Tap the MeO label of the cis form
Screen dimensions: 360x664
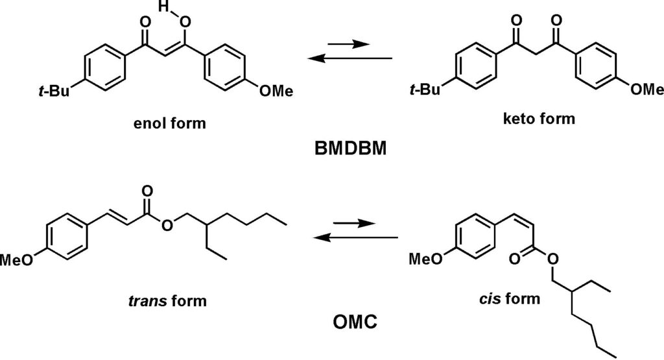426,258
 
